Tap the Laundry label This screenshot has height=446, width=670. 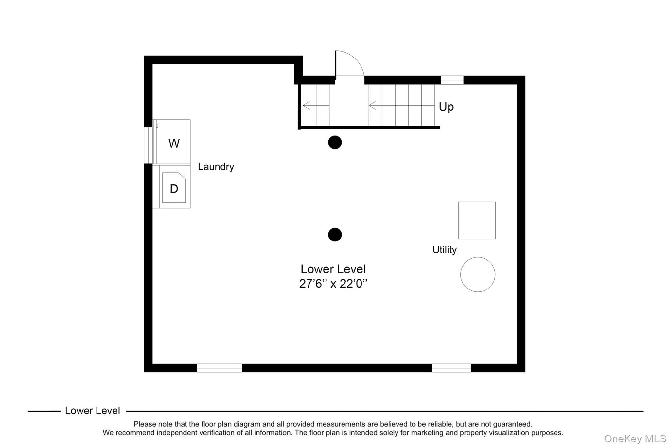(216, 167)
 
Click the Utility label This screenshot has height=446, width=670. (444, 250)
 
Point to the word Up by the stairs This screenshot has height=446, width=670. (446, 107)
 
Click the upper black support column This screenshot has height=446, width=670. (335, 142)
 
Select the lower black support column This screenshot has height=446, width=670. (335, 235)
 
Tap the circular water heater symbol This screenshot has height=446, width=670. (478, 274)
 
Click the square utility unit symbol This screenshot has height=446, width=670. (477, 220)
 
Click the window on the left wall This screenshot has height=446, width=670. (148, 145)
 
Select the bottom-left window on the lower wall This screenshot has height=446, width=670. (219, 368)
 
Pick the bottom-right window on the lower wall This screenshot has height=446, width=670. (451, 368)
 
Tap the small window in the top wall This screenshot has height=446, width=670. (452, 80)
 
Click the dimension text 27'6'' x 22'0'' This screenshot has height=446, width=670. (333, 284)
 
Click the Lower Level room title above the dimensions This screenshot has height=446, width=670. (333, 269)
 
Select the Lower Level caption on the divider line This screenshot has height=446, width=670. (92, 411)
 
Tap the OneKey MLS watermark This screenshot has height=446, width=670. (635, 438)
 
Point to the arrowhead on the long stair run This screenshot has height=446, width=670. (372, 106)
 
